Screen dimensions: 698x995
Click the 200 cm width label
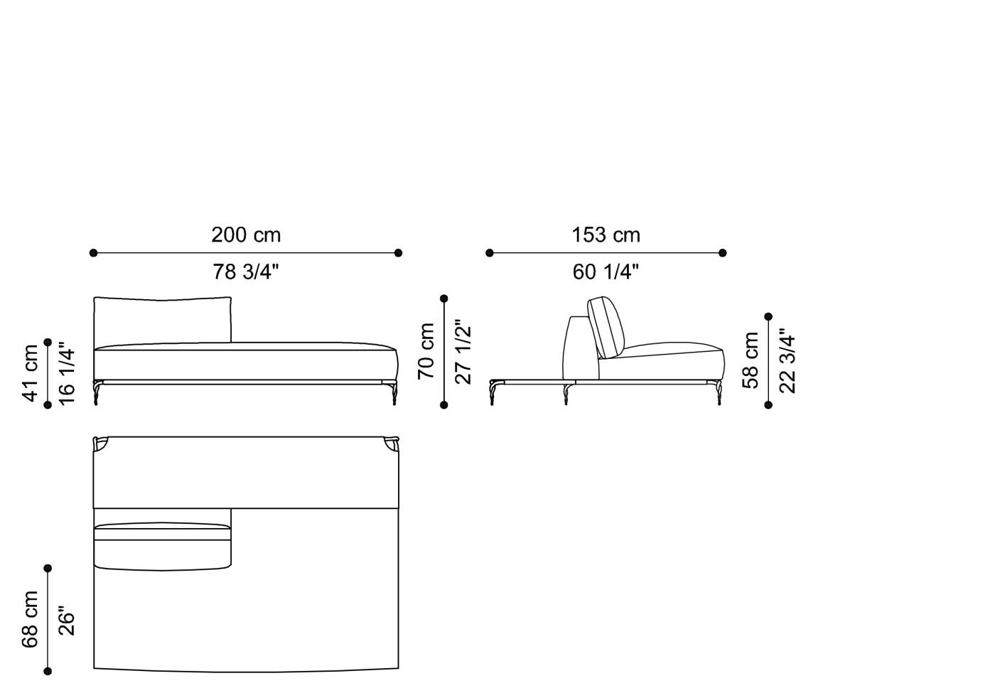(x=246, y=235)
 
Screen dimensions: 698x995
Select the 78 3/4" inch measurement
(x=246, y=272)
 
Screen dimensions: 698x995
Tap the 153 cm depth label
(x=606, y=235)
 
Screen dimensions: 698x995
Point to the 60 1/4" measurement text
(x=606, y=272)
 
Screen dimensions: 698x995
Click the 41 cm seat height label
(x=31, y=373)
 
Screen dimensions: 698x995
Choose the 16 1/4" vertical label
(x=67, y=373)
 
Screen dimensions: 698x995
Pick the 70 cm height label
(x=426, y=351)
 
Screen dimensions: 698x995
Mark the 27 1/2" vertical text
(x=463, y=351)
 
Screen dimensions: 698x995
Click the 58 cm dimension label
(x=751, y=360)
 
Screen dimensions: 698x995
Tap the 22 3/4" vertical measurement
(x=787, y=360)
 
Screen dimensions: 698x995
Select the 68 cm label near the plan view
(x=31, y=619)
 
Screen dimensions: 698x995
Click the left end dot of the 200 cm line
(x=93, y=252)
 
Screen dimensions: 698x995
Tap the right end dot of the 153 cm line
(x=723, y=252)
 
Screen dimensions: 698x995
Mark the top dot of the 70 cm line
(x=444, y=299)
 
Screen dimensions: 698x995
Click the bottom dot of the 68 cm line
(x=48, y=671)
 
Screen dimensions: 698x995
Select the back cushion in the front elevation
(x=163, y=320)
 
